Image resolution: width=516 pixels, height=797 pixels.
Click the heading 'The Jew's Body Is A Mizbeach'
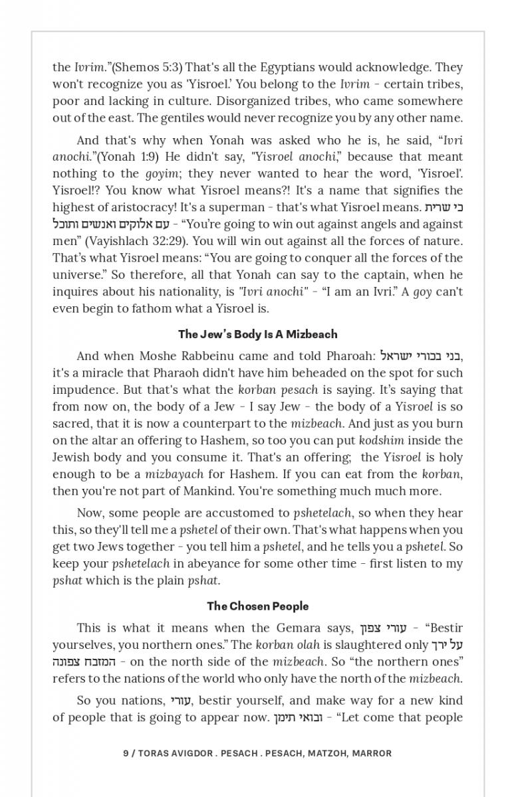[257, 334]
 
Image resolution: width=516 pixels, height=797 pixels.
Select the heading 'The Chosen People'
[257, 606]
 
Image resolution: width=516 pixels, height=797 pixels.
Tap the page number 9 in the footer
[126, 753]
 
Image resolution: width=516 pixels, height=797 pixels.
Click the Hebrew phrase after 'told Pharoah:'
[421, 357]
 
